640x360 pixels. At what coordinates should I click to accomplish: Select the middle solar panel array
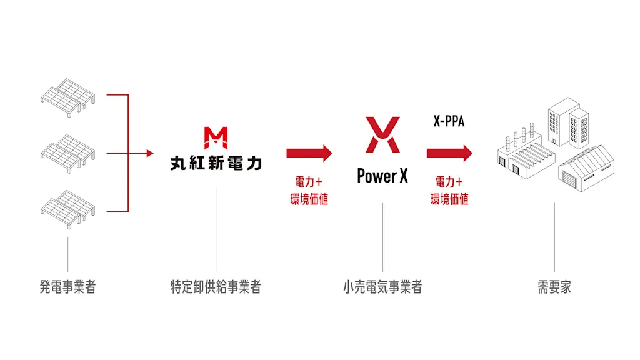[x=67, y=154]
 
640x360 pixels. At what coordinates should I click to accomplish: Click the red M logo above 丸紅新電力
[x=216, y=138]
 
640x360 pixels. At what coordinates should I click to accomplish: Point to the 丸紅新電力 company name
[x=216, y=163]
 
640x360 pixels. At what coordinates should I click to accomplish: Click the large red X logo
[x=383, y=135]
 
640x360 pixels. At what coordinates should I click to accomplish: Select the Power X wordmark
[x=382, y=176]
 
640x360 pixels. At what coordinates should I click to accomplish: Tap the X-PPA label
[x=449, y=121]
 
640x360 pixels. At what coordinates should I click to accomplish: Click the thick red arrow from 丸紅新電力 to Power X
[x=309, y=154]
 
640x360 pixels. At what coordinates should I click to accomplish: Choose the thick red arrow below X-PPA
[x=449, y=154]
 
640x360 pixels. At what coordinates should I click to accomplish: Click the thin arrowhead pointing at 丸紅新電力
[x=150, y=154]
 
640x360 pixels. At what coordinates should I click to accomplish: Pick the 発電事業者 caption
[x=67, y=287]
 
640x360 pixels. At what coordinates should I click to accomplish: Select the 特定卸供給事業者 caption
[x=216, y=287]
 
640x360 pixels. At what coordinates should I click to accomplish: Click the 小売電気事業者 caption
[x=382, y=287]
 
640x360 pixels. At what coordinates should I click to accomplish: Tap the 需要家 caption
[x=554, y=287]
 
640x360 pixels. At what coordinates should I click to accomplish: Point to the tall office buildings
[x=568, y=122]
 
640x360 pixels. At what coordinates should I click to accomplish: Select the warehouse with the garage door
[x=586, y=169]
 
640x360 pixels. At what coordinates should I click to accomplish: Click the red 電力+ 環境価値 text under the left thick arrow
[x=309, y=190]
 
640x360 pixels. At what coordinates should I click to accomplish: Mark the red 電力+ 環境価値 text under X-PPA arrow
[x=449, y=190]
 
